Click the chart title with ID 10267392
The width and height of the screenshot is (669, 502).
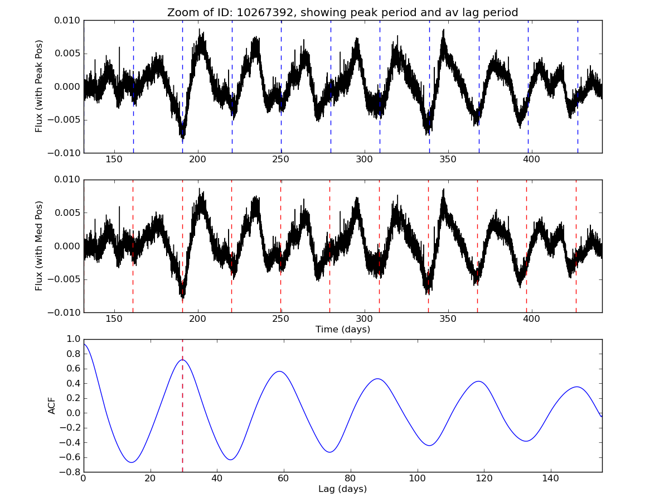(x=342, y=12)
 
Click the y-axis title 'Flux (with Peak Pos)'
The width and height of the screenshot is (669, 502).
(x=39, y=86)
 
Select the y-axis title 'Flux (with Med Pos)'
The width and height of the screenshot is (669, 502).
(x=39, y=246)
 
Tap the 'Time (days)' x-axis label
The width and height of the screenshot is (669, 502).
(x=342, y=330)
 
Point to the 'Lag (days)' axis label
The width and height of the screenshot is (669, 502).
(x=342, y=489)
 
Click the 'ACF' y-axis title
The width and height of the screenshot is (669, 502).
(x=52, y=406)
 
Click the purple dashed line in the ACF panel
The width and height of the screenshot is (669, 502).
(x=182, y=424)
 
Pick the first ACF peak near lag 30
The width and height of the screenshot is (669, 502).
(x=182, y=360)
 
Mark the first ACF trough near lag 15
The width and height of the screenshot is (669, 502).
(x=132, y=462)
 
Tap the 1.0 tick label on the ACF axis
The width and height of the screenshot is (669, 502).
(x=73, y=339)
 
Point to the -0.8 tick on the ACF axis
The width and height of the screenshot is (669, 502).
(x=70, y=472)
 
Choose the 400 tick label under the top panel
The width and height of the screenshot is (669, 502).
(x=531, y=160)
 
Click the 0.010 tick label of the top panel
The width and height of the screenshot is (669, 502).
(x=67, y=20)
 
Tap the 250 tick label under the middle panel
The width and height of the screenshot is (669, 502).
(x=281, y=319)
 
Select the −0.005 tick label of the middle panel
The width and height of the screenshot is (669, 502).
(x=65, y=279)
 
